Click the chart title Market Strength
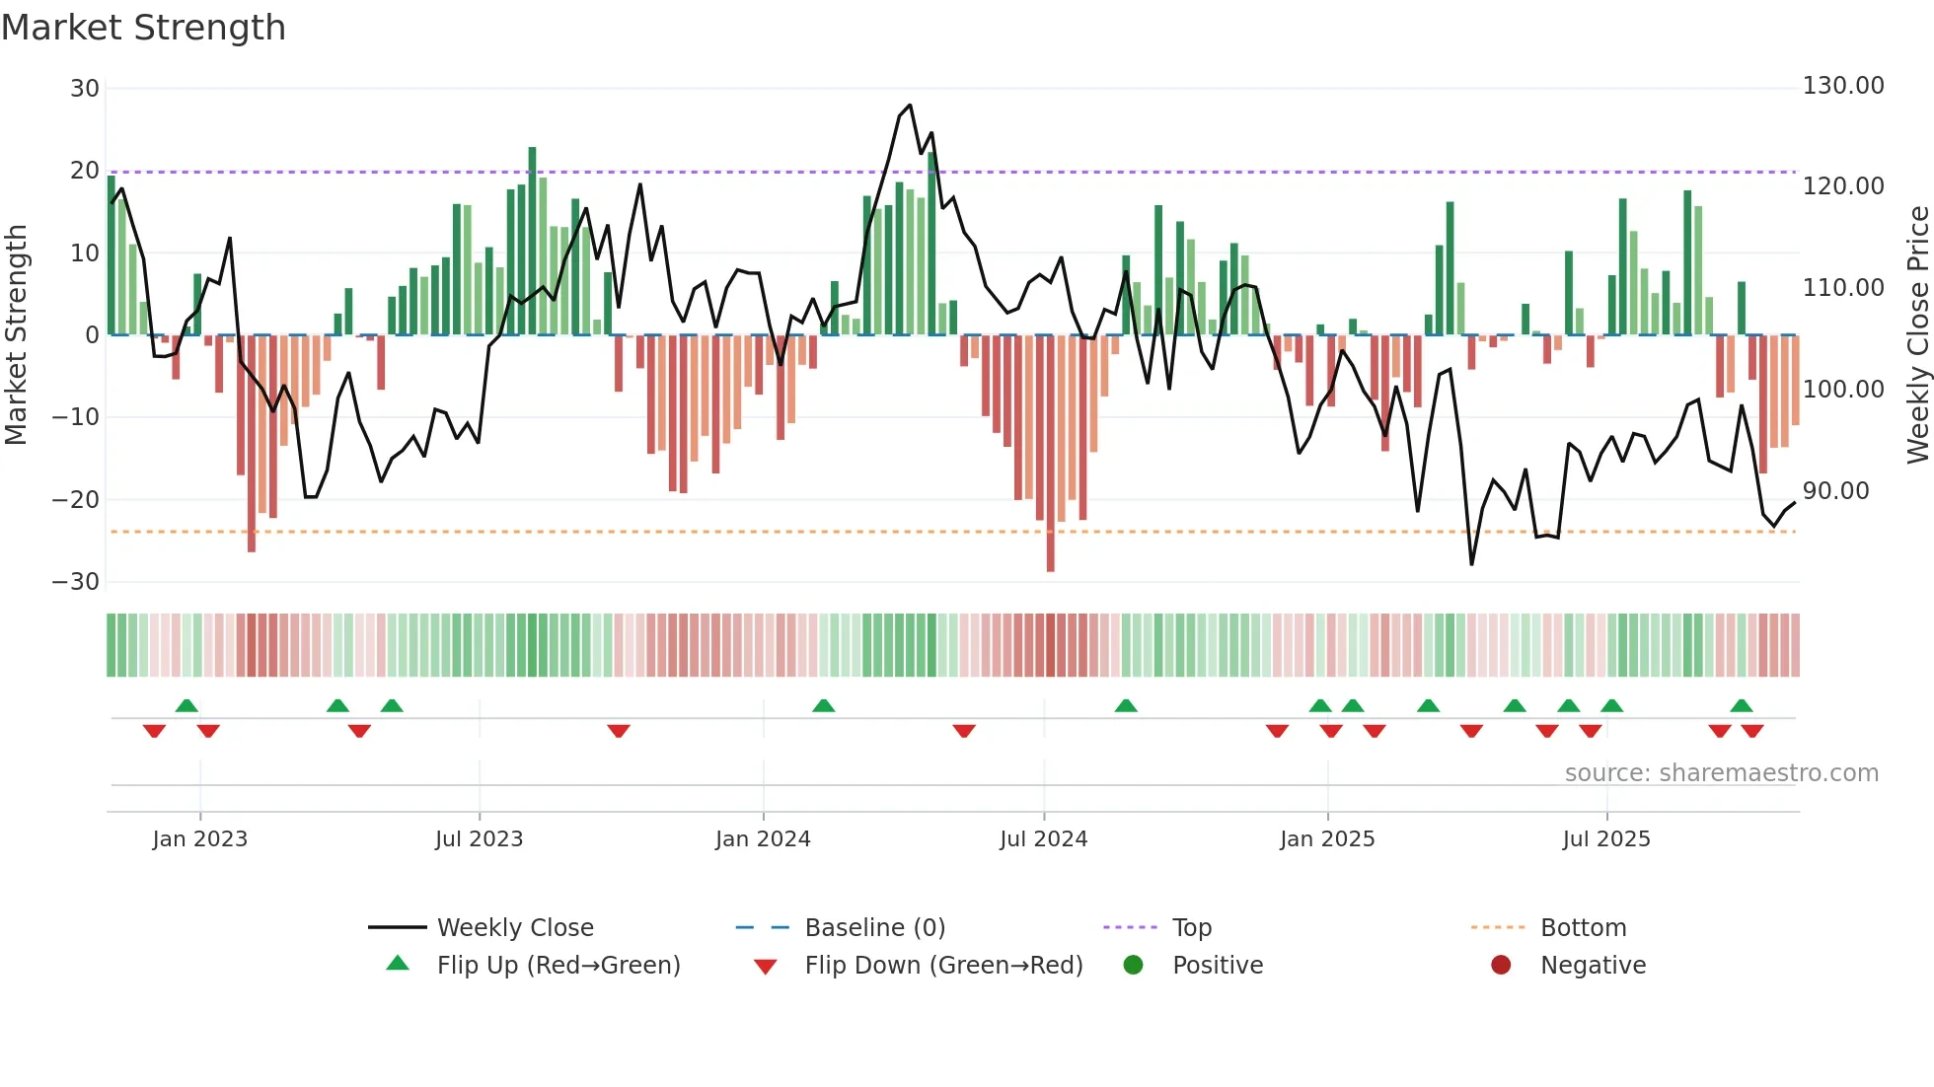(x=144, y=28)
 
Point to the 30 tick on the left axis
(x=85, y=89)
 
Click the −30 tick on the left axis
(x=76, y=582)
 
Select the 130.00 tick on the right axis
(x=1843, y=86)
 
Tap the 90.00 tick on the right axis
(x=1835, y=491)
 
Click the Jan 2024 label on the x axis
(x=763, y=839)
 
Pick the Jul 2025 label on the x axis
(x=1606, y=839)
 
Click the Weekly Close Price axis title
(x=1917, y=335)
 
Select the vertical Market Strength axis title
(x=16, y=335)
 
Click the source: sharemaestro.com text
(x=1722, y=773)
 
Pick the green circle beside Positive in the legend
(x=1133, y=966)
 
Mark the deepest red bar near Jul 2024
(x=1050, y=454)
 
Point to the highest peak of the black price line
(x=910, y=105)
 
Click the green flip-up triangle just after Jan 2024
(x=824, y=705)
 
